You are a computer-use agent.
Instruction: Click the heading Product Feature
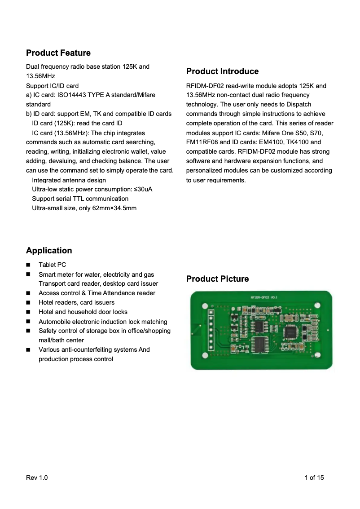pos(58,53)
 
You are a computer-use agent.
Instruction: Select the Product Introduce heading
pos(222,71)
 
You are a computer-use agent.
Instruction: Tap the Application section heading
pos(49,251)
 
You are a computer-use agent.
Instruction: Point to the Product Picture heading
pos(217,279)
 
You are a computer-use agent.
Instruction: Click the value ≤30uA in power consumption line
pos(143,189)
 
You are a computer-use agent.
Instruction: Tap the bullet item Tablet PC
pos(52,265)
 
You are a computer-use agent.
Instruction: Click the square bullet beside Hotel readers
pos(28,302)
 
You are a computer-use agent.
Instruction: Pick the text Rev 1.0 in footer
pos(37,478)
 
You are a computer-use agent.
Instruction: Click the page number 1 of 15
pos(314,478)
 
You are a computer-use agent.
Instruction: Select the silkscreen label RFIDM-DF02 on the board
pos(260,297)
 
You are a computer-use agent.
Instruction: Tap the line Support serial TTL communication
pos(80,199)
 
